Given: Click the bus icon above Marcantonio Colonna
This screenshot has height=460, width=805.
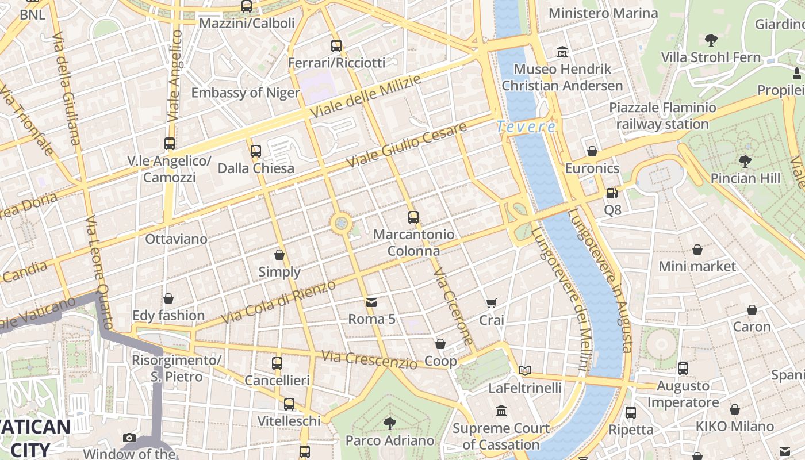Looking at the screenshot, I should click(413, 217).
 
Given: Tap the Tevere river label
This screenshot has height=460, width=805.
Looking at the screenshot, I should click(526, 126).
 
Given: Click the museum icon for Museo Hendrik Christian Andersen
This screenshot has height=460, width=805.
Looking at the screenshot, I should click(562, 53).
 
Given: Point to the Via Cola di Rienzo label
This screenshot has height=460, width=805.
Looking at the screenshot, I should click(278, 302).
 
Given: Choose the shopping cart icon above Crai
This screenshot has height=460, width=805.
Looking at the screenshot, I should click(492, 303).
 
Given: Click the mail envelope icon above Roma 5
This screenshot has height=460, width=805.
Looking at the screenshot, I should click(371, 302).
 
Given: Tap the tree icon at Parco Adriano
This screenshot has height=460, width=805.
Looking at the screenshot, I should click(390, 424).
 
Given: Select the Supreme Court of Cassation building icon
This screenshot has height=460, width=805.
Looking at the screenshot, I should click(501, 411).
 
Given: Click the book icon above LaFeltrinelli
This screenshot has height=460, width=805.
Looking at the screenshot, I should click(524, 370).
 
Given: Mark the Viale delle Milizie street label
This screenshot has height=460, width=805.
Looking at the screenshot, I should click(365, 97).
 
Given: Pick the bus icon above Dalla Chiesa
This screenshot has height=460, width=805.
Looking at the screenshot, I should click(256, 151).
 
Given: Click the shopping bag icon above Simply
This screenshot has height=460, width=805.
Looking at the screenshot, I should click(279, 255).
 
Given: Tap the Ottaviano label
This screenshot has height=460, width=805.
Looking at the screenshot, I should click(177, 239).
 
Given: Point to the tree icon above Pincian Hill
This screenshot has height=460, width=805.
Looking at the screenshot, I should click(745, 161).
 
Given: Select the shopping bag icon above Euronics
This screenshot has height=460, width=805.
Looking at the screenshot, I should click(592, 151).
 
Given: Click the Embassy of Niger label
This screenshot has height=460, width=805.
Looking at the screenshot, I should click(246, 93).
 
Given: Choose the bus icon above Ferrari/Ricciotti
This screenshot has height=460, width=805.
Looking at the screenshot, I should click(336, 45).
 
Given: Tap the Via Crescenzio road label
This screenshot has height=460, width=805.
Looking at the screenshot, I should click(369, 360).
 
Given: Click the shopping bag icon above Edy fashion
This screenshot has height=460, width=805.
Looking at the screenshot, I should click(168, 298).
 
